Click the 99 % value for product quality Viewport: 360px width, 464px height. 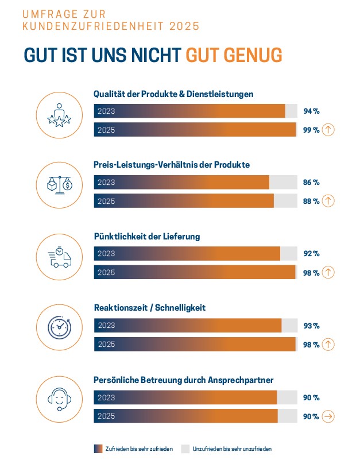(x=311, y=130)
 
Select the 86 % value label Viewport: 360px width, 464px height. (x=311, y=183)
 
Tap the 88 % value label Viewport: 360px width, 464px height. (x=311, y=201)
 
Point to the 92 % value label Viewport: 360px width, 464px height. (x=311, y=254)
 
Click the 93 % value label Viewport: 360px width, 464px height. (x=311, y=326)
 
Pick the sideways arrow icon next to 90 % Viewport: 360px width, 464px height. (x=328, y=416)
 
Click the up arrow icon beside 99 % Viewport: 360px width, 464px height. (x=328, y=130)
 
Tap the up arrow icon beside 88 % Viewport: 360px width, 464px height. (x=328, y=201)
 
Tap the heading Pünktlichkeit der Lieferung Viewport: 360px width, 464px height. (x=147, y=236)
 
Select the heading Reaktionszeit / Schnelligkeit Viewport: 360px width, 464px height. (x=149, y=308)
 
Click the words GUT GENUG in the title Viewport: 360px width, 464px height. (x=234, y=55)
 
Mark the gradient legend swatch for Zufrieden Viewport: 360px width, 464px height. (x=98, y=448)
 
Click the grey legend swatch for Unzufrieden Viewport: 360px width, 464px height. (x=185, y=448)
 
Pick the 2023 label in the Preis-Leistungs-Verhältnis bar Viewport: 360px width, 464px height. (x=106, y=183)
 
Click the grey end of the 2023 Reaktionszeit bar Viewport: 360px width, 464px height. (x=289, y=326)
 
